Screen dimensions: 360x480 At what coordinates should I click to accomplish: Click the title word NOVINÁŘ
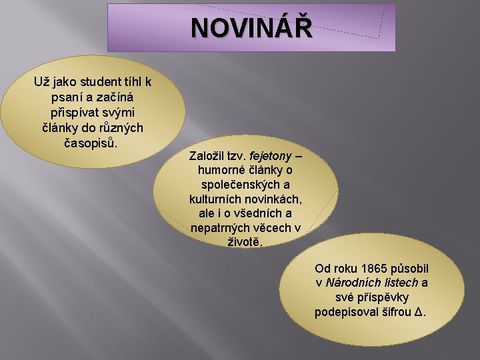coord(251,29)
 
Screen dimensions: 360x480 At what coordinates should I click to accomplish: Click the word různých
coord(115,127)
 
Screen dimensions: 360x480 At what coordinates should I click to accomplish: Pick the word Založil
coord(209,155)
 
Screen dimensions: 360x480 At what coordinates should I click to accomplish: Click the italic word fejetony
coord(270,155)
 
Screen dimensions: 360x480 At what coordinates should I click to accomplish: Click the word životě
coord(245,243)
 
